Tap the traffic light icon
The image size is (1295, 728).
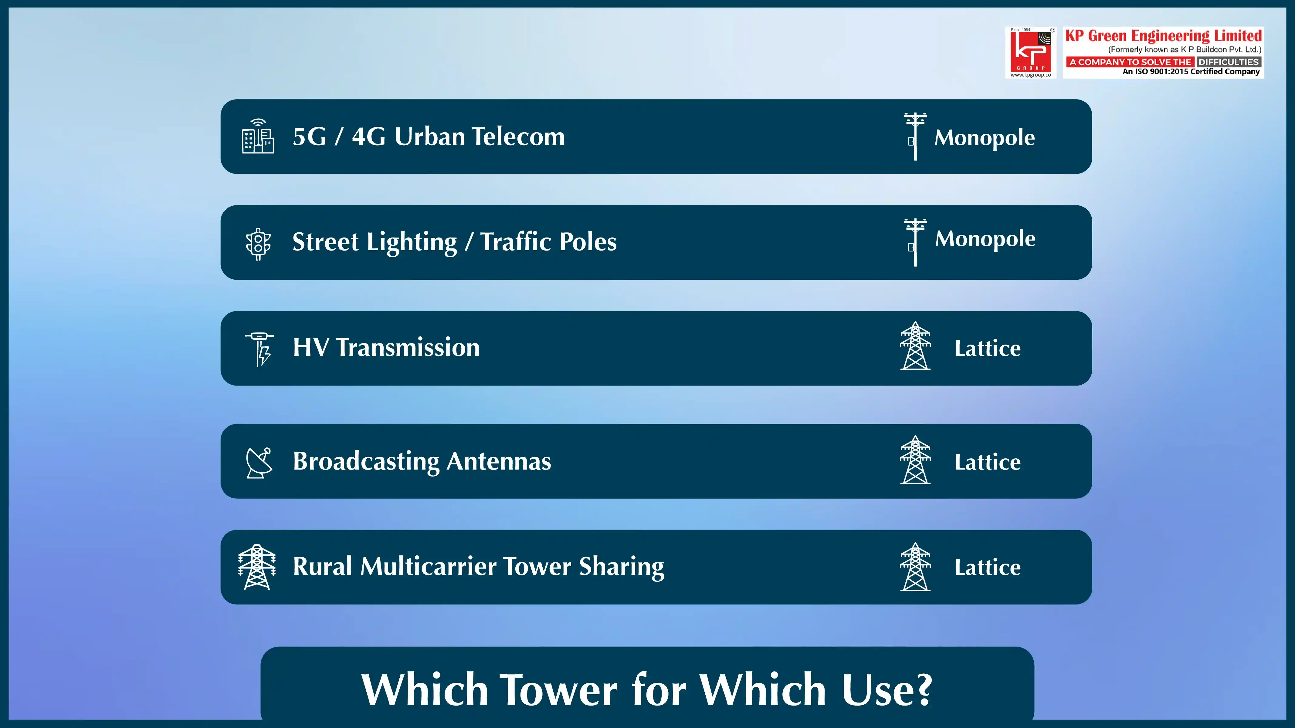(x=258, y=244)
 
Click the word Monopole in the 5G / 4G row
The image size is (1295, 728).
(x=984, y=138)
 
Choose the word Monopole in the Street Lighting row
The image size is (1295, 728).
(x=985, y=239)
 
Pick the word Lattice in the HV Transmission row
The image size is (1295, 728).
(x=987, y=349)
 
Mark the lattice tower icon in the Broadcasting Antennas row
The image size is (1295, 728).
(x=915, y=460)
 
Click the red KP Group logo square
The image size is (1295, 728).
(x=1031, y=52)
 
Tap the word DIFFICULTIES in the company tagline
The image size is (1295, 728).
(x=1228, y=62)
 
